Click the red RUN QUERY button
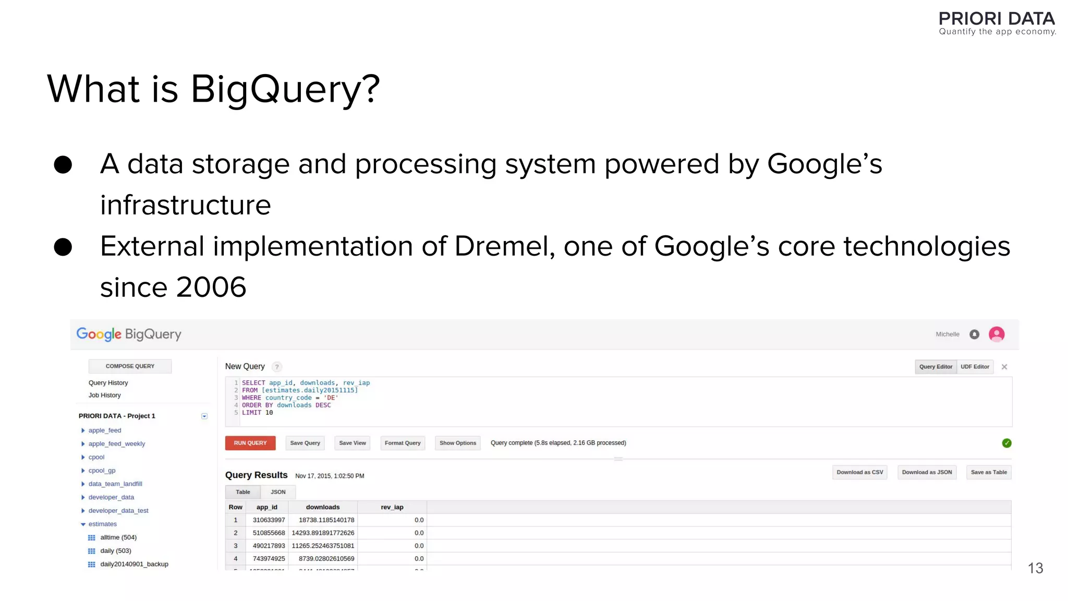(x=250, y=443)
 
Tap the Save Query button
(x=305, y=443)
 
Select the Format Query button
(x=403, y=443)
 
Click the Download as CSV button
(x=860, y=472)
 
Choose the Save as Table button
(x=989, y=472)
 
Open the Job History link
(x=104, y=395)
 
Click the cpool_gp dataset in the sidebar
(x=102, y=471)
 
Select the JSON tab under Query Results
(x=278, y=492)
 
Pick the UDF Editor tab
(x=975, y=367)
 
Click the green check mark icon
(x=1006, y=443)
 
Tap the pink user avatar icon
(x=997, y=334)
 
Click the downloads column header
(x=322, y=507)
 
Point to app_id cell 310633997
(x=269, y=520)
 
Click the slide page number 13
(x=1035, y=568)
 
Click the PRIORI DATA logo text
(x=997, y=19)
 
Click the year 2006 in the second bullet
(x=211, y=287)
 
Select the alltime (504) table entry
(x=118, y=537)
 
